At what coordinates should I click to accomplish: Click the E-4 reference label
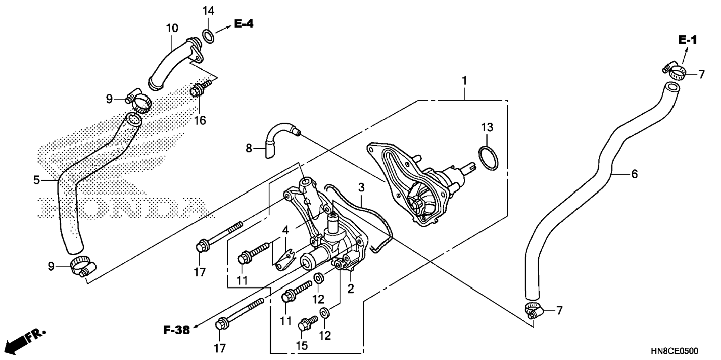244,24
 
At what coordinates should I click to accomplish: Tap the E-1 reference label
687,40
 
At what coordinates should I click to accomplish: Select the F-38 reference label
176,330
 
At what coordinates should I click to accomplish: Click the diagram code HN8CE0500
674,351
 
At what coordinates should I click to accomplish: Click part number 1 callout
464,80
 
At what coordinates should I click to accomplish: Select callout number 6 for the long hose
634,174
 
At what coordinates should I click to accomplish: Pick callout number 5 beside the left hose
36,180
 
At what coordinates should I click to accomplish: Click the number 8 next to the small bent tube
249,149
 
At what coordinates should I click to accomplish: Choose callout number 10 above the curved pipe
172,28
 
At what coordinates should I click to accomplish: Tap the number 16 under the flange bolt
200,120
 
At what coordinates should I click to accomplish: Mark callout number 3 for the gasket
361,187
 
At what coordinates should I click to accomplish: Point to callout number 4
285,230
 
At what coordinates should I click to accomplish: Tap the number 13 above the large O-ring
487,127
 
